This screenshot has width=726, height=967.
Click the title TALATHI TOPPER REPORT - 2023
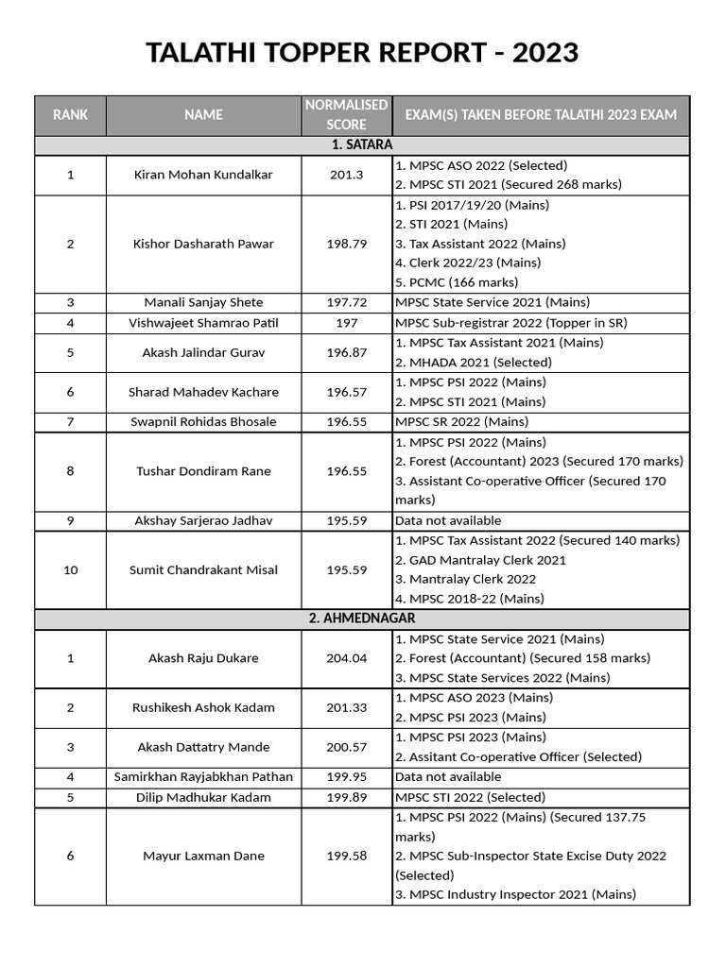pyautogui.click(x=362, y=53)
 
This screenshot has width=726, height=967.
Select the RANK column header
pyautogui.click(x=71, y=115)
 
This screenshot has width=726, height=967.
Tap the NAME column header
pyautogui.click(x=203, y=115)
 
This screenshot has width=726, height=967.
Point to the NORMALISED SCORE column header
pyautogui.click(x=346, y=115)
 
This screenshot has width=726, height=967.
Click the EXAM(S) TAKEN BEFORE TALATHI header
pyautogui.click(x=541, y=115)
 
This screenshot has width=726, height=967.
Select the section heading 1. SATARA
pyautogui.click(x=362, y=145)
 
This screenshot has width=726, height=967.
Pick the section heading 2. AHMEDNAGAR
pyautogui.click(x=362, y=619)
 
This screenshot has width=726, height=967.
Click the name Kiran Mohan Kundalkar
pyautogui.click(x=203, y=176)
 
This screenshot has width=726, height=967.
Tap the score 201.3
pyautogui.click(x=346, y=176)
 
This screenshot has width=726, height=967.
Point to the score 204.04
pyautogui.click(x=346, y=658)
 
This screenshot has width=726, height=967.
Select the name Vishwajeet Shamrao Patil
pyautogui.click(x=203, y=323)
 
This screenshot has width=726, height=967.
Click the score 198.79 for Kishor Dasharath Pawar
pyautogui.click(x=346, y=244)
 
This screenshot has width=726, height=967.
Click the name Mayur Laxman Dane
pyautogui.click(x=203, y=857)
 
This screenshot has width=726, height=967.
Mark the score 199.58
pyautogui.click(x=346, y=857)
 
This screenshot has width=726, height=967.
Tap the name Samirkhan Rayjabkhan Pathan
pyautogui.click(x=203, y=777)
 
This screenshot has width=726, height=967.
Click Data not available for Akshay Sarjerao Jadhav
pyautogui.click(x=448, y=520)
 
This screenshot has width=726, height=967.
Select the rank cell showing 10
pyautogui.click(x=71, y=570)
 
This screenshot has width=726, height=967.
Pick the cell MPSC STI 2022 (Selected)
pyautogui.click(x=471, y=798)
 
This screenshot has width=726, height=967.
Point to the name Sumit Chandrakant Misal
pyautogui.click(x=203, y=570)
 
